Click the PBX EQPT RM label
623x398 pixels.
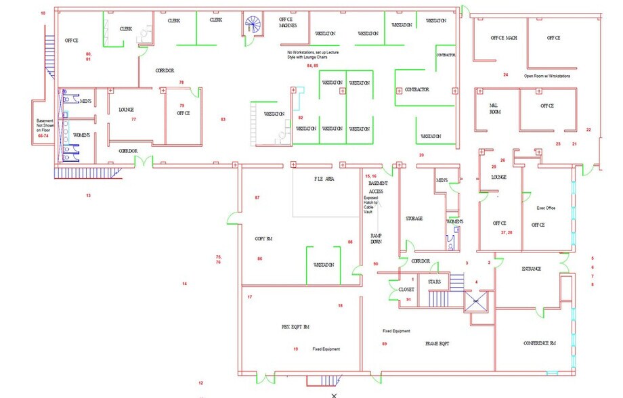(295, 326)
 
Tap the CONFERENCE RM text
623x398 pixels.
(540, 343)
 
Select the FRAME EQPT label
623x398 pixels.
(437, 344)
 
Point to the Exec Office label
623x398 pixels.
(546, 208)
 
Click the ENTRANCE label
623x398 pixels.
(532, 269)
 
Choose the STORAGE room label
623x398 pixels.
(414, 219)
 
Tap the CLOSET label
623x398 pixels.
(406, 289)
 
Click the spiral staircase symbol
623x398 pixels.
(253, 26)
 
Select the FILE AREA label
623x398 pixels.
(324, 179)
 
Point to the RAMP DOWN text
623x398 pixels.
(377, 239)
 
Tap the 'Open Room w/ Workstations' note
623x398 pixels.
(547, 76)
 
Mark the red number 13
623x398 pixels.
(88, 195)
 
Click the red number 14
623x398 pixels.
(184, 284)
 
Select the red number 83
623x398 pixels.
(223, 119)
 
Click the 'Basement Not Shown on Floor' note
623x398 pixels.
(44, 129)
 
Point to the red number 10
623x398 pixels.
(43, 13)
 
